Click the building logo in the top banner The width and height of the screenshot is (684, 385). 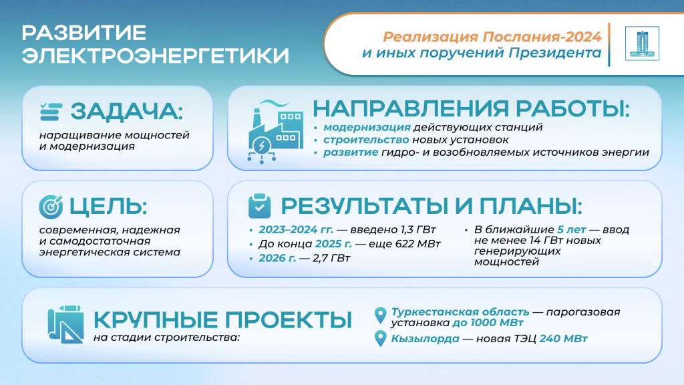642,43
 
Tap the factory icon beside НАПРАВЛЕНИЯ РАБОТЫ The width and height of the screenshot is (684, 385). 275,132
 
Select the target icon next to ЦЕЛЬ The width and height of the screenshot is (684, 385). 51,207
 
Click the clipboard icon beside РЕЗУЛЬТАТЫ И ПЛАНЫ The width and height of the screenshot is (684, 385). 260,206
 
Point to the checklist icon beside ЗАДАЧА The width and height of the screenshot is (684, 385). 51,112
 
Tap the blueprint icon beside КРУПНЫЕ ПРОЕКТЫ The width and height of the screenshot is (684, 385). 65,324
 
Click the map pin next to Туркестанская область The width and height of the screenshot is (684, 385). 380,315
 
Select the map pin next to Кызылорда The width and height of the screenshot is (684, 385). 380,338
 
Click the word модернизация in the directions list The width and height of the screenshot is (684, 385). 367,128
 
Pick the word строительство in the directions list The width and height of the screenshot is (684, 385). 366,140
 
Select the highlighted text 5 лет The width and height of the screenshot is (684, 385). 572,230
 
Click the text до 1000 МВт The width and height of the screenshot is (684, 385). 488,323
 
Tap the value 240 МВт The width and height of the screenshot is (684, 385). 563,339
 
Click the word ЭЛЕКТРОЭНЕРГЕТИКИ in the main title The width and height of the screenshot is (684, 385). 155,56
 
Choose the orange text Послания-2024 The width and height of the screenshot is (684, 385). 542,37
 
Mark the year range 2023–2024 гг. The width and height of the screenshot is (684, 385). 296,230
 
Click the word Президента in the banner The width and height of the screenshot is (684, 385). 555,53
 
